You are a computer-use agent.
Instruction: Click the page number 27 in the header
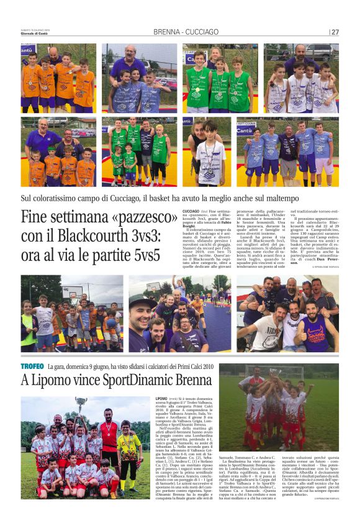tap(335, 32)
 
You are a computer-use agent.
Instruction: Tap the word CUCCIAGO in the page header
tap(200, 32)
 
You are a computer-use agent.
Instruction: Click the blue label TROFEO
tap(32, 366)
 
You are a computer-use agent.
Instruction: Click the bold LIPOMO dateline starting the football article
tap(161, 398)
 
